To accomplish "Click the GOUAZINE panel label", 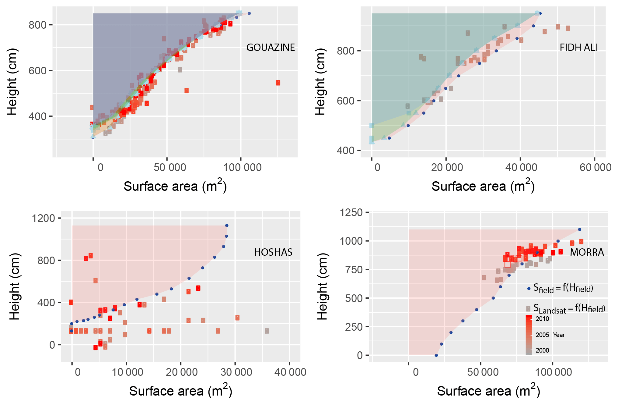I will pyautogui.click(x=270, y=48).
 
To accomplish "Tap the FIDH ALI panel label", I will pyautogui.click(x=578, y=48).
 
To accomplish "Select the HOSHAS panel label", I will pyautogui.click(x=273, y=252).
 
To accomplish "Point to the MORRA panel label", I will pyautogui.click(x=587, y=252).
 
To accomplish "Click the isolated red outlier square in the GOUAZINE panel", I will pyautogui.click(x=278, y=83).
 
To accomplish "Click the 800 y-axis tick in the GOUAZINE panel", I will pyautogui.click(x=38, y=25).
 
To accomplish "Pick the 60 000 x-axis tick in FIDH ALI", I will pyautogui.click(x=595, y=167).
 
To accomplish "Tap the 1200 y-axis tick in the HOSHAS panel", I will pyautogui.click(x=44, y=218).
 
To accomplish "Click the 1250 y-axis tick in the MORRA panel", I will pyautogui.click(x=351, y=212).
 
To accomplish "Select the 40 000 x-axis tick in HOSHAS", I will pyautogui.click(x=290, y=372).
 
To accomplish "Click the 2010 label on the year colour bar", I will pyautogui.click(x=542, y=319).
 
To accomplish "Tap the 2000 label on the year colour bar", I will pyautogui.click(x=542, y=350).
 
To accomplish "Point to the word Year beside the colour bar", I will pyautogui.click(x=559, y=335).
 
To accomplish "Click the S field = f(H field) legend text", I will pyautogui.click(x=563, y=288).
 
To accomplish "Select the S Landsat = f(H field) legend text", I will pyautogui.click(x=569, y=309).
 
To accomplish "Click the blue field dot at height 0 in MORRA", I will pyautogui.click(x=436, y=355).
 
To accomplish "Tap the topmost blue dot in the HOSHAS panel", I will pyautogui.click(x=226, y=226).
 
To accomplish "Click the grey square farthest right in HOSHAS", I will pyautogui.click(x=267, y=331).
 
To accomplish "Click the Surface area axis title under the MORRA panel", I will pyautogui.click(x=488, y=391).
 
